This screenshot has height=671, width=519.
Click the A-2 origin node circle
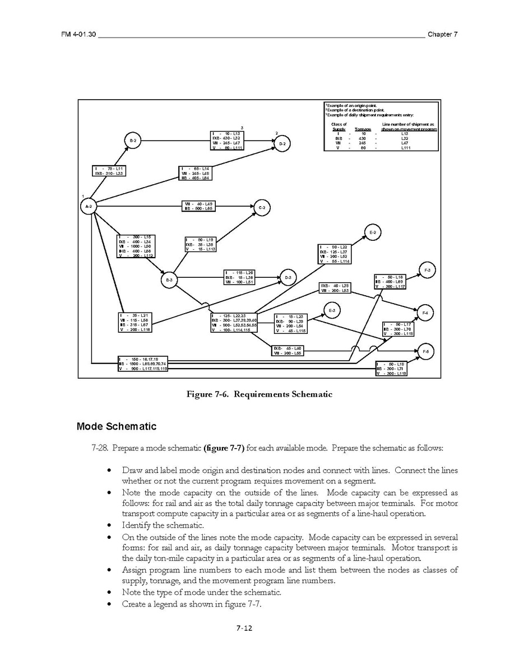coord(89,207)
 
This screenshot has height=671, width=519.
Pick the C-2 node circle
coord(262,208)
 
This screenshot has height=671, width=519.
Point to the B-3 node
coord(169,279)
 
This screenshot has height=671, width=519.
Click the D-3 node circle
coord(288,277)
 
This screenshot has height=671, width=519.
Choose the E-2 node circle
coord(373,232)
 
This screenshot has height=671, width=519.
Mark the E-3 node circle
coord(332,311)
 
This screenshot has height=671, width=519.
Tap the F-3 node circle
coord(427,271)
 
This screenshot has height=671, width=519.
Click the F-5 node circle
coord(425,351)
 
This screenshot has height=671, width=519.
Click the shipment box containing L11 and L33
coord(108,171)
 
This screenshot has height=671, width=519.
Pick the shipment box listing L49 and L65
coord(198,206)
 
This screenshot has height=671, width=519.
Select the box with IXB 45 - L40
coord(288,351)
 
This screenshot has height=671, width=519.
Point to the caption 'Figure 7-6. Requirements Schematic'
coord(259,394)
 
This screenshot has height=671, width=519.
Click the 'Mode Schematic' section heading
coord(116,427)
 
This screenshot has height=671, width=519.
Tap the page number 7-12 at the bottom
coord(244,628)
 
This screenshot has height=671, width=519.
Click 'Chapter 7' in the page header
coord(442,34)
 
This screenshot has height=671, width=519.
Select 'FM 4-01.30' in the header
coord(79,34)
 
